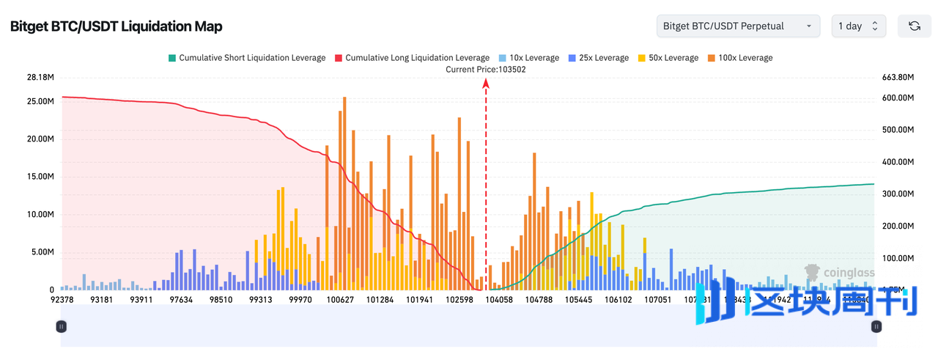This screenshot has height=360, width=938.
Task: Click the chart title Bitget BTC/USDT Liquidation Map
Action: [x=116, y=26]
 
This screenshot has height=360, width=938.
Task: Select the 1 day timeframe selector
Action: [x=858, y=26]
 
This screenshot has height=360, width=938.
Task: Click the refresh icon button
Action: [x=915, y=26]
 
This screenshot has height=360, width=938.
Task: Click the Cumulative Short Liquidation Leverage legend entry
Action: [x=247, y=58]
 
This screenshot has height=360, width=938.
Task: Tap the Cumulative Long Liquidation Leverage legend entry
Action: [x=412, y=58]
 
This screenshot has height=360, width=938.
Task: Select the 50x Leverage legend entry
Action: [x=668, y=58]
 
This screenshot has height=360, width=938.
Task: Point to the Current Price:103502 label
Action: [x=486, y=70]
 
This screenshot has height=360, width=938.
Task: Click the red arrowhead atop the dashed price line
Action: [x=486, y=83]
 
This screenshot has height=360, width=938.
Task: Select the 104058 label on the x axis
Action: [x=500, y=299]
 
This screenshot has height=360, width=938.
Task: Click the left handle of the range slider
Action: [x=62, y=326]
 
